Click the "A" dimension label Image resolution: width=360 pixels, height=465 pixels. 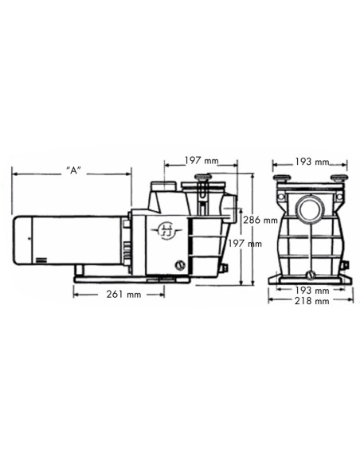(x=72, y=170)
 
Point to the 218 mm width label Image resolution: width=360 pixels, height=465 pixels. (x=311, y=302)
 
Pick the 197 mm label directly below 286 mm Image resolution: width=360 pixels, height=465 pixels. (x=245, y=244)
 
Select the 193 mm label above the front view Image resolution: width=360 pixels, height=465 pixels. (x=311, y=162)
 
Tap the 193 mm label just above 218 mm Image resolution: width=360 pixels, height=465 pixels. (x=311, y=290)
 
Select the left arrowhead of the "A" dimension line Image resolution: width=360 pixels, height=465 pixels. (x=13, y=170)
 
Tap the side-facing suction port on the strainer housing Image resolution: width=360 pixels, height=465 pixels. (x=229, y=212)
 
